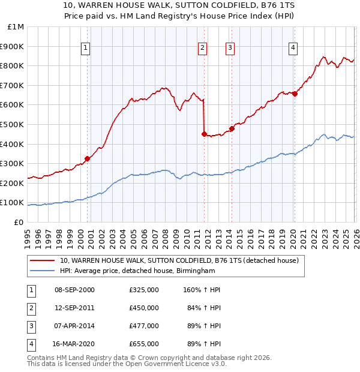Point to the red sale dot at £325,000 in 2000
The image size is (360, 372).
[x=87, y=158]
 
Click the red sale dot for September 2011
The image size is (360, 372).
[x=204, y=134]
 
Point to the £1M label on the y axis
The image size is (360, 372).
[x=16, y=26]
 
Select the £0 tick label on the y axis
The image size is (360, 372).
[x=19, y=222]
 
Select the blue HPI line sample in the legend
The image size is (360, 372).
[x=43, y=271]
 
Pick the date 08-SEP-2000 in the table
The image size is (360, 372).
[x=74, y=290]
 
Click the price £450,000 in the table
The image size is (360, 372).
[x=143, y=308]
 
